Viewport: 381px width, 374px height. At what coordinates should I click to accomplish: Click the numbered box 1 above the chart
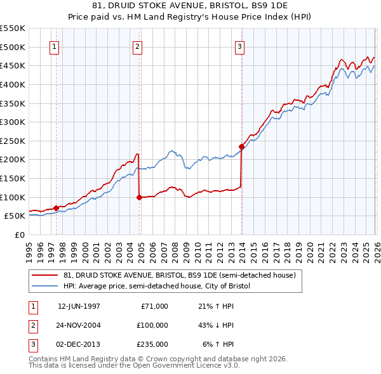click(x=55, y=46)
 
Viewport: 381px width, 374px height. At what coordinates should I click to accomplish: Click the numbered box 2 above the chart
click(x=138, y=46)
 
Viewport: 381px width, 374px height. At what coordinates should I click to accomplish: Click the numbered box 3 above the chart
click(x=240, y=46)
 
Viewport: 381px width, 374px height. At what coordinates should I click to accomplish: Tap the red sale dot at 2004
click(x=139, y=197)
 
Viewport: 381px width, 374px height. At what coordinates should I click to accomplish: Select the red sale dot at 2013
click(x=241, y=146)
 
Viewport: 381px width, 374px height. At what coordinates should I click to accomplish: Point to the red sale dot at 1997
click(x=56, y=208)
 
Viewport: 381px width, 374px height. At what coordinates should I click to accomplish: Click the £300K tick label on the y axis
click(x=12, y=122)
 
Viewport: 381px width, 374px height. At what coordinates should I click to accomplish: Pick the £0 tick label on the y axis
click(x=19, y=235)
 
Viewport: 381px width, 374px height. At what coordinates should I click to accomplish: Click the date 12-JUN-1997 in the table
click(x=79, y=306)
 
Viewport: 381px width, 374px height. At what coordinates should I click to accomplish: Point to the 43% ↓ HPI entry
click(x=216, y=325)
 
